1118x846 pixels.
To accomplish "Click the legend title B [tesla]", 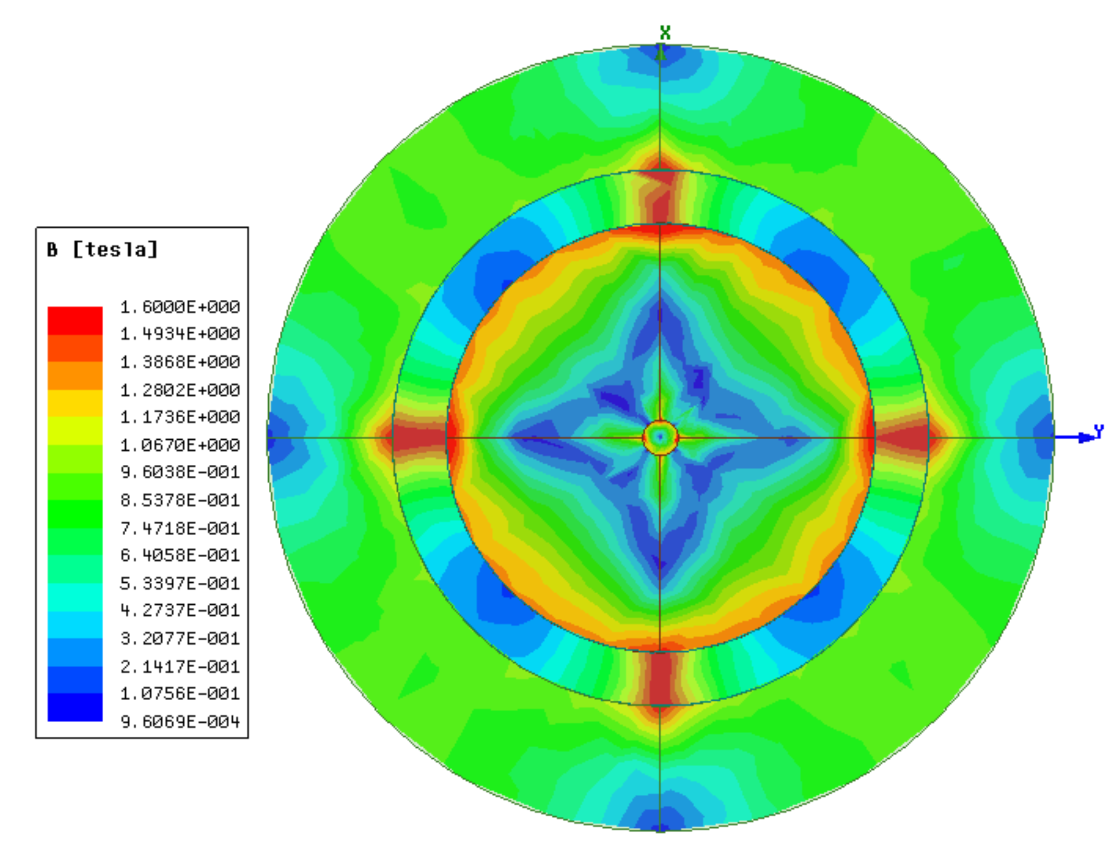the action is point(102,249).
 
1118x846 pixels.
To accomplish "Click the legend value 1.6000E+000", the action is point(180,307).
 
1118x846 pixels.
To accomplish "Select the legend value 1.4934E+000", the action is point(180,334).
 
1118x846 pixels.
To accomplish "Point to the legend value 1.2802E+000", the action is point(180,390).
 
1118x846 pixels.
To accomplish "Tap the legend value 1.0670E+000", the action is point(180,445).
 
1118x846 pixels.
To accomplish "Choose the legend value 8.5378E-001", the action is point(180,500).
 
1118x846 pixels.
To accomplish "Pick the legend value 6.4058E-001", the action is point(180,555).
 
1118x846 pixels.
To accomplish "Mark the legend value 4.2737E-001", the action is point(180,611).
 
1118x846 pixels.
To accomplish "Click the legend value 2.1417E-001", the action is point(180,666).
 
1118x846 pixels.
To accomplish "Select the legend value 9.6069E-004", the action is point(180,722).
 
